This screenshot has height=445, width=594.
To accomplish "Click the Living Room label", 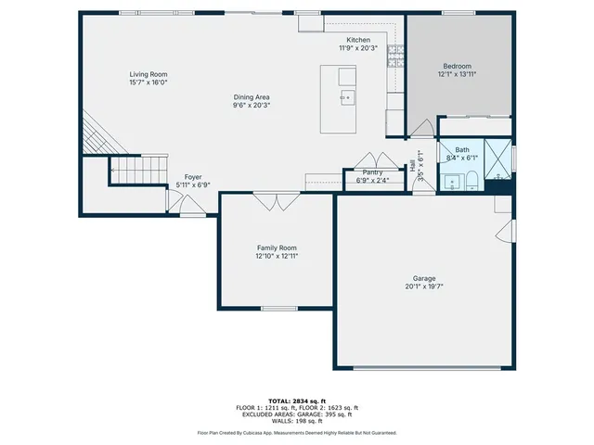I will click(x=148, y=73).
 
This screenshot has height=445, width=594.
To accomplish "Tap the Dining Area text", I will click(x=251, y=96).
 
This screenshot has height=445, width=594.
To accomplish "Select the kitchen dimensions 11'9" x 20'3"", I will click(x=358, y=48).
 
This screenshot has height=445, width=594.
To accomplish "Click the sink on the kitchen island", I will click(x=346, y=96).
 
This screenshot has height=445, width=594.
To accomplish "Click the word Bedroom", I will click(x=457, y=66).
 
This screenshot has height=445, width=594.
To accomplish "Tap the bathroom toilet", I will click(x=471, y=179).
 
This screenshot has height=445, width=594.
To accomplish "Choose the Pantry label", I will click(x=372, y=172).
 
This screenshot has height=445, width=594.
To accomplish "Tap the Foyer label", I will click(x=193, y=176).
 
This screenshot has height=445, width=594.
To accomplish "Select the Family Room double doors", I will click(x=277, y=201).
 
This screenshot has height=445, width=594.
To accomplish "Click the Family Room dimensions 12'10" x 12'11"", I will click(x=277, y=256).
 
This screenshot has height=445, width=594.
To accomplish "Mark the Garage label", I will click(x=424, y=278).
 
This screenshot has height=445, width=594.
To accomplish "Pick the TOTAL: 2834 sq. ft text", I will click(x=296, y=400).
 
